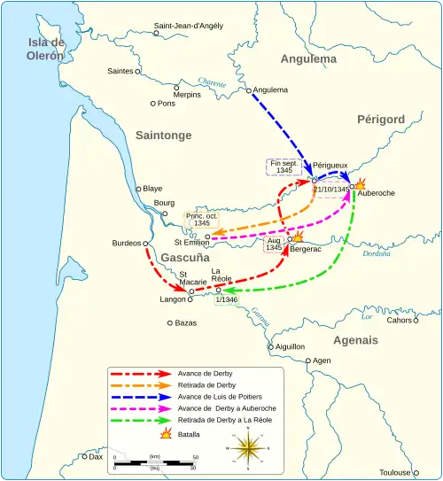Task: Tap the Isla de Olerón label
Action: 46,49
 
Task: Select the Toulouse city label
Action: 411,460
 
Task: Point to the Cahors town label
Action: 400,321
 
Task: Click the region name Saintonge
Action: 164,135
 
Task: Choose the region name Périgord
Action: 381,120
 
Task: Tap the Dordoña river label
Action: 377,253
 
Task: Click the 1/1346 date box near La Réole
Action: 227,300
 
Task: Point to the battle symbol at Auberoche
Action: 361,182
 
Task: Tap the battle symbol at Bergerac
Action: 297,237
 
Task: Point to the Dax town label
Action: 97,457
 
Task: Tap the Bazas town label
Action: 185,323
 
